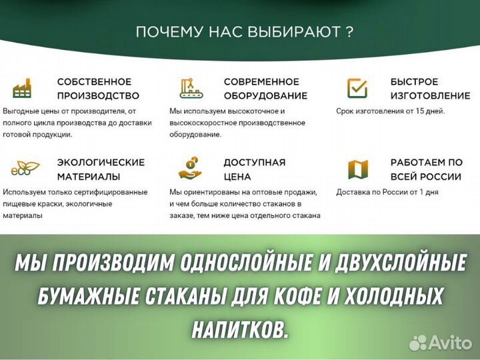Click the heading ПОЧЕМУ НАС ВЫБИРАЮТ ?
[x=244, y=31]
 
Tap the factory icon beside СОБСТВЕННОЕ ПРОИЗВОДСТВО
[x=22, y=88]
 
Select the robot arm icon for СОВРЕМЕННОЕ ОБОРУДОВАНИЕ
[x=191, y=88]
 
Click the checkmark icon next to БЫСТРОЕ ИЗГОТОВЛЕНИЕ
[x=357, y=88]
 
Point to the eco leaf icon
[x=25, y=169]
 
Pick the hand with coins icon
[x=191, y=169]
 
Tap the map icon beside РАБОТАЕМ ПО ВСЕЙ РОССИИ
[x=358, y=169]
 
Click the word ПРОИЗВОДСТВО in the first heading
[x=98, y=95]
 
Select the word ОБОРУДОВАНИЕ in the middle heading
[x=265, y=95]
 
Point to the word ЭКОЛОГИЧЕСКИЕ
[x=101, y=162]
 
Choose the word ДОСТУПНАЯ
[x=254, y=162]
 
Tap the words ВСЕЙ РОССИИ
[x=426, y=177]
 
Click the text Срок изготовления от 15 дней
[x=390, y=111]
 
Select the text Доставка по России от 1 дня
[x=387, y=192]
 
